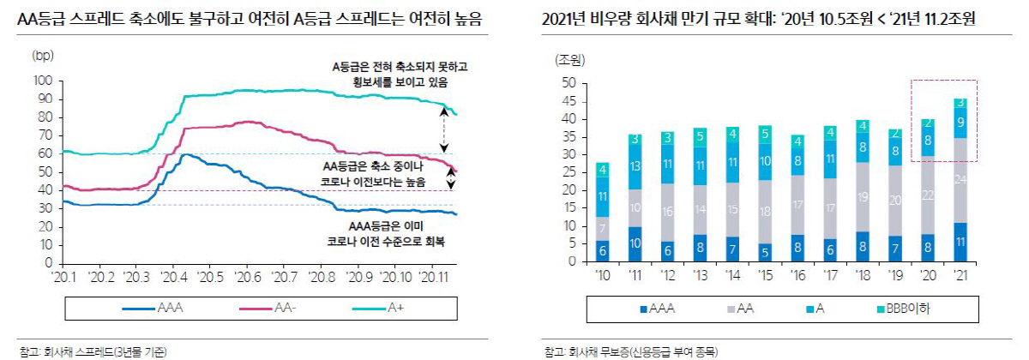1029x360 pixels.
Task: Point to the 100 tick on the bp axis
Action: click(x=42, y=81)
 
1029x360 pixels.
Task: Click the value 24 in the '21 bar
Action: click(x=960, y=180)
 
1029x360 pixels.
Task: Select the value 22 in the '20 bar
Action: click(x=926, y=195)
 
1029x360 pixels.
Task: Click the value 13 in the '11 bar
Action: click(x=634, y=165)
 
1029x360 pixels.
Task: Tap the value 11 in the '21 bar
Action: click(x=960, y=243)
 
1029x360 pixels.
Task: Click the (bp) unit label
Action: click(x=42, y=57)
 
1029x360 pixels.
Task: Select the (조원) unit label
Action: click(x=569, y=60)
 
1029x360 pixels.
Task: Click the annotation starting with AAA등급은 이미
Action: click(x=390, y=234)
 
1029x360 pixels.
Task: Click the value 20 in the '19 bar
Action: click(x=895, y=201)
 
